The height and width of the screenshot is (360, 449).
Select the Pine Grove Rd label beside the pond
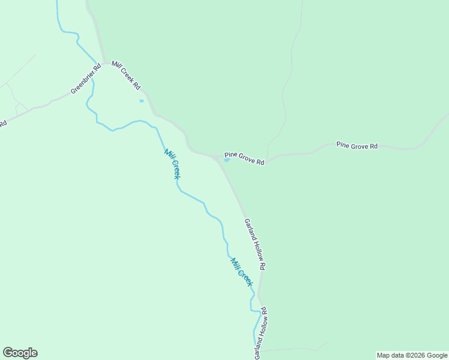pos(244,158)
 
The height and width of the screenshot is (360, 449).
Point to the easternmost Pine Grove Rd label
pos(357,145)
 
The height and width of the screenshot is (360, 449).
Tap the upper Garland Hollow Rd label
pos(255,243)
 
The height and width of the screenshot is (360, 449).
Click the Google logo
pos(20,353)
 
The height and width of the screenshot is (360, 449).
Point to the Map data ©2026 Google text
pos(412,355)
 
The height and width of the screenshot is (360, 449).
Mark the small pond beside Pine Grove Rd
pos(227,160)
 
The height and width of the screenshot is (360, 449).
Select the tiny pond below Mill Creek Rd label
pos(142,101)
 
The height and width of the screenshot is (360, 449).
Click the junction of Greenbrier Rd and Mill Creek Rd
pos(106,63)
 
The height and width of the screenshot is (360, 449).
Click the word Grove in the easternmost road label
pos(358,145)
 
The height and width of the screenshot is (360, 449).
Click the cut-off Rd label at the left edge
pos(2,124)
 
